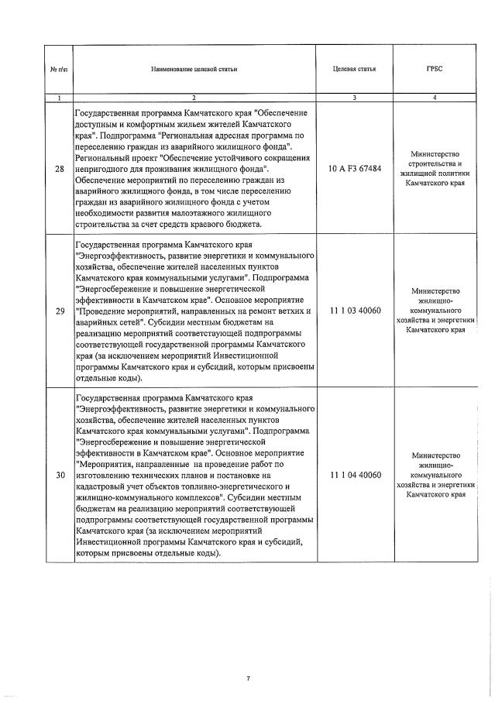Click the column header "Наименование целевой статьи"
[x=194, y=70]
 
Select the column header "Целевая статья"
[x=354, y=70]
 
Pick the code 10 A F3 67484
[x=355, y=168]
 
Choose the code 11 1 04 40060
[x=355, y=474]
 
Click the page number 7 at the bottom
[x=248, y=679]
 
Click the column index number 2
[x=194, y=98]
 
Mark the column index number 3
[x=354, y=98]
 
